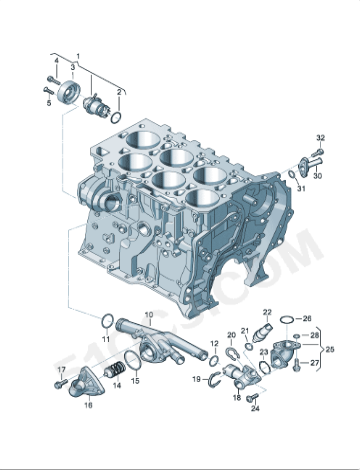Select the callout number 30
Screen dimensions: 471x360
click(x=318, y=176)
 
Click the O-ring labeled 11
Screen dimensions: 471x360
click(x=105, y=320)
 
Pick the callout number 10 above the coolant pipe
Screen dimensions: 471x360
click(x=149, y=316)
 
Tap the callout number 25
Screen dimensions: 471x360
click(x=331, y=348)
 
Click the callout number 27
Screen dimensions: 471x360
click(x=314, y=363)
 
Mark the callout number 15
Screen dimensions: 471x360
click(x=135, y=381)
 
